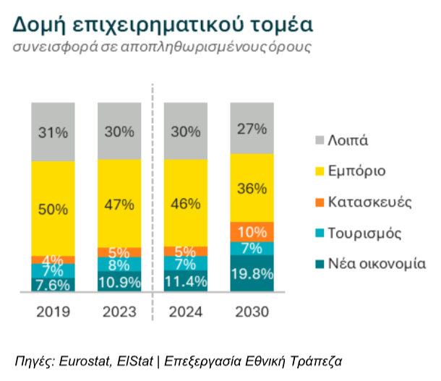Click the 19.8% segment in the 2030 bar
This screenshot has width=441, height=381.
pos(252,273)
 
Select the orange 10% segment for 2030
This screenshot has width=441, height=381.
pos(252,232)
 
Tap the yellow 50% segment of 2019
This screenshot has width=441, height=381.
pos(53,209)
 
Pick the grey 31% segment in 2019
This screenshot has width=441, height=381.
pos(53,132)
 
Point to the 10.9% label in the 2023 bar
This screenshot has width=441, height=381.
pos(119,282)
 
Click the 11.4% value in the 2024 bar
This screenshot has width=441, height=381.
pos(186,281)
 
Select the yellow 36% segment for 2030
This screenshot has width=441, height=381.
pos(252,188)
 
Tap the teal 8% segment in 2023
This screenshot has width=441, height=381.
pos(119,265)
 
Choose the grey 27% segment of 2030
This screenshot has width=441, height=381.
pos(252,128)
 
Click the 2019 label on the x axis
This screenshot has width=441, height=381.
pos(53,312)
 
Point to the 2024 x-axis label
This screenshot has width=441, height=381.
pos(186,312)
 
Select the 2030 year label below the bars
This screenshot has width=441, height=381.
pos(252,312)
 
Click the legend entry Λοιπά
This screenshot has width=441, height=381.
pos(348,140)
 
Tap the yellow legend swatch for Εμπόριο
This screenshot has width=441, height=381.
pos(320,171)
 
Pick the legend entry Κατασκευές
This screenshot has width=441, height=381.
pos(370,202)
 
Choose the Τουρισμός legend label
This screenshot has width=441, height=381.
pos(365,233)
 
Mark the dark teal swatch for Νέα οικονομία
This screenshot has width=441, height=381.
pos(320,264)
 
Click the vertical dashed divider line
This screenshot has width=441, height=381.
pos(153,202)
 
